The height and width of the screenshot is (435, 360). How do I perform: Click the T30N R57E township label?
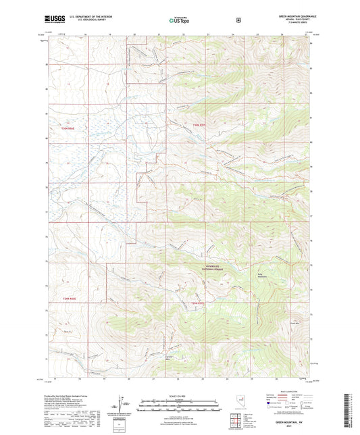pyautogui.click(x=197, y=125)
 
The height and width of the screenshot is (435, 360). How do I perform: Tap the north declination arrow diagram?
pyautogui.click(x=123, y=403)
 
